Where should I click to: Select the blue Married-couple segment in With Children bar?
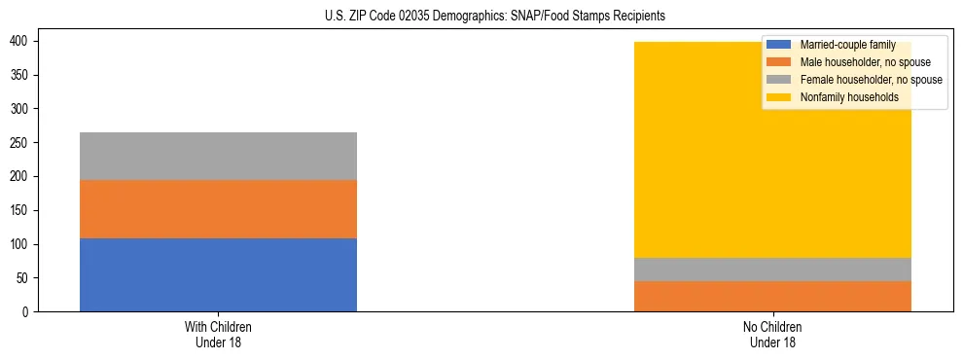(x=218, y=274)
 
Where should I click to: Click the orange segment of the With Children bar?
(x=218, y=209)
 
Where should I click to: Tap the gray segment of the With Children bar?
(x=218, y=156)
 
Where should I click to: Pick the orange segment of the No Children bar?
(x=772, y=296)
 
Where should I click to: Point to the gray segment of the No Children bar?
(x=772, y=270)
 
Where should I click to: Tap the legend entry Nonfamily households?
(x=842, y=97)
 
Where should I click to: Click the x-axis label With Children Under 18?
(x=218, y=334)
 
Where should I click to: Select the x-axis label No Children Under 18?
(x=772, y=334)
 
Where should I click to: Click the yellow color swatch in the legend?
(x=779, y=97)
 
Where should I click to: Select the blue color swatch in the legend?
(x=779, y=45)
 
